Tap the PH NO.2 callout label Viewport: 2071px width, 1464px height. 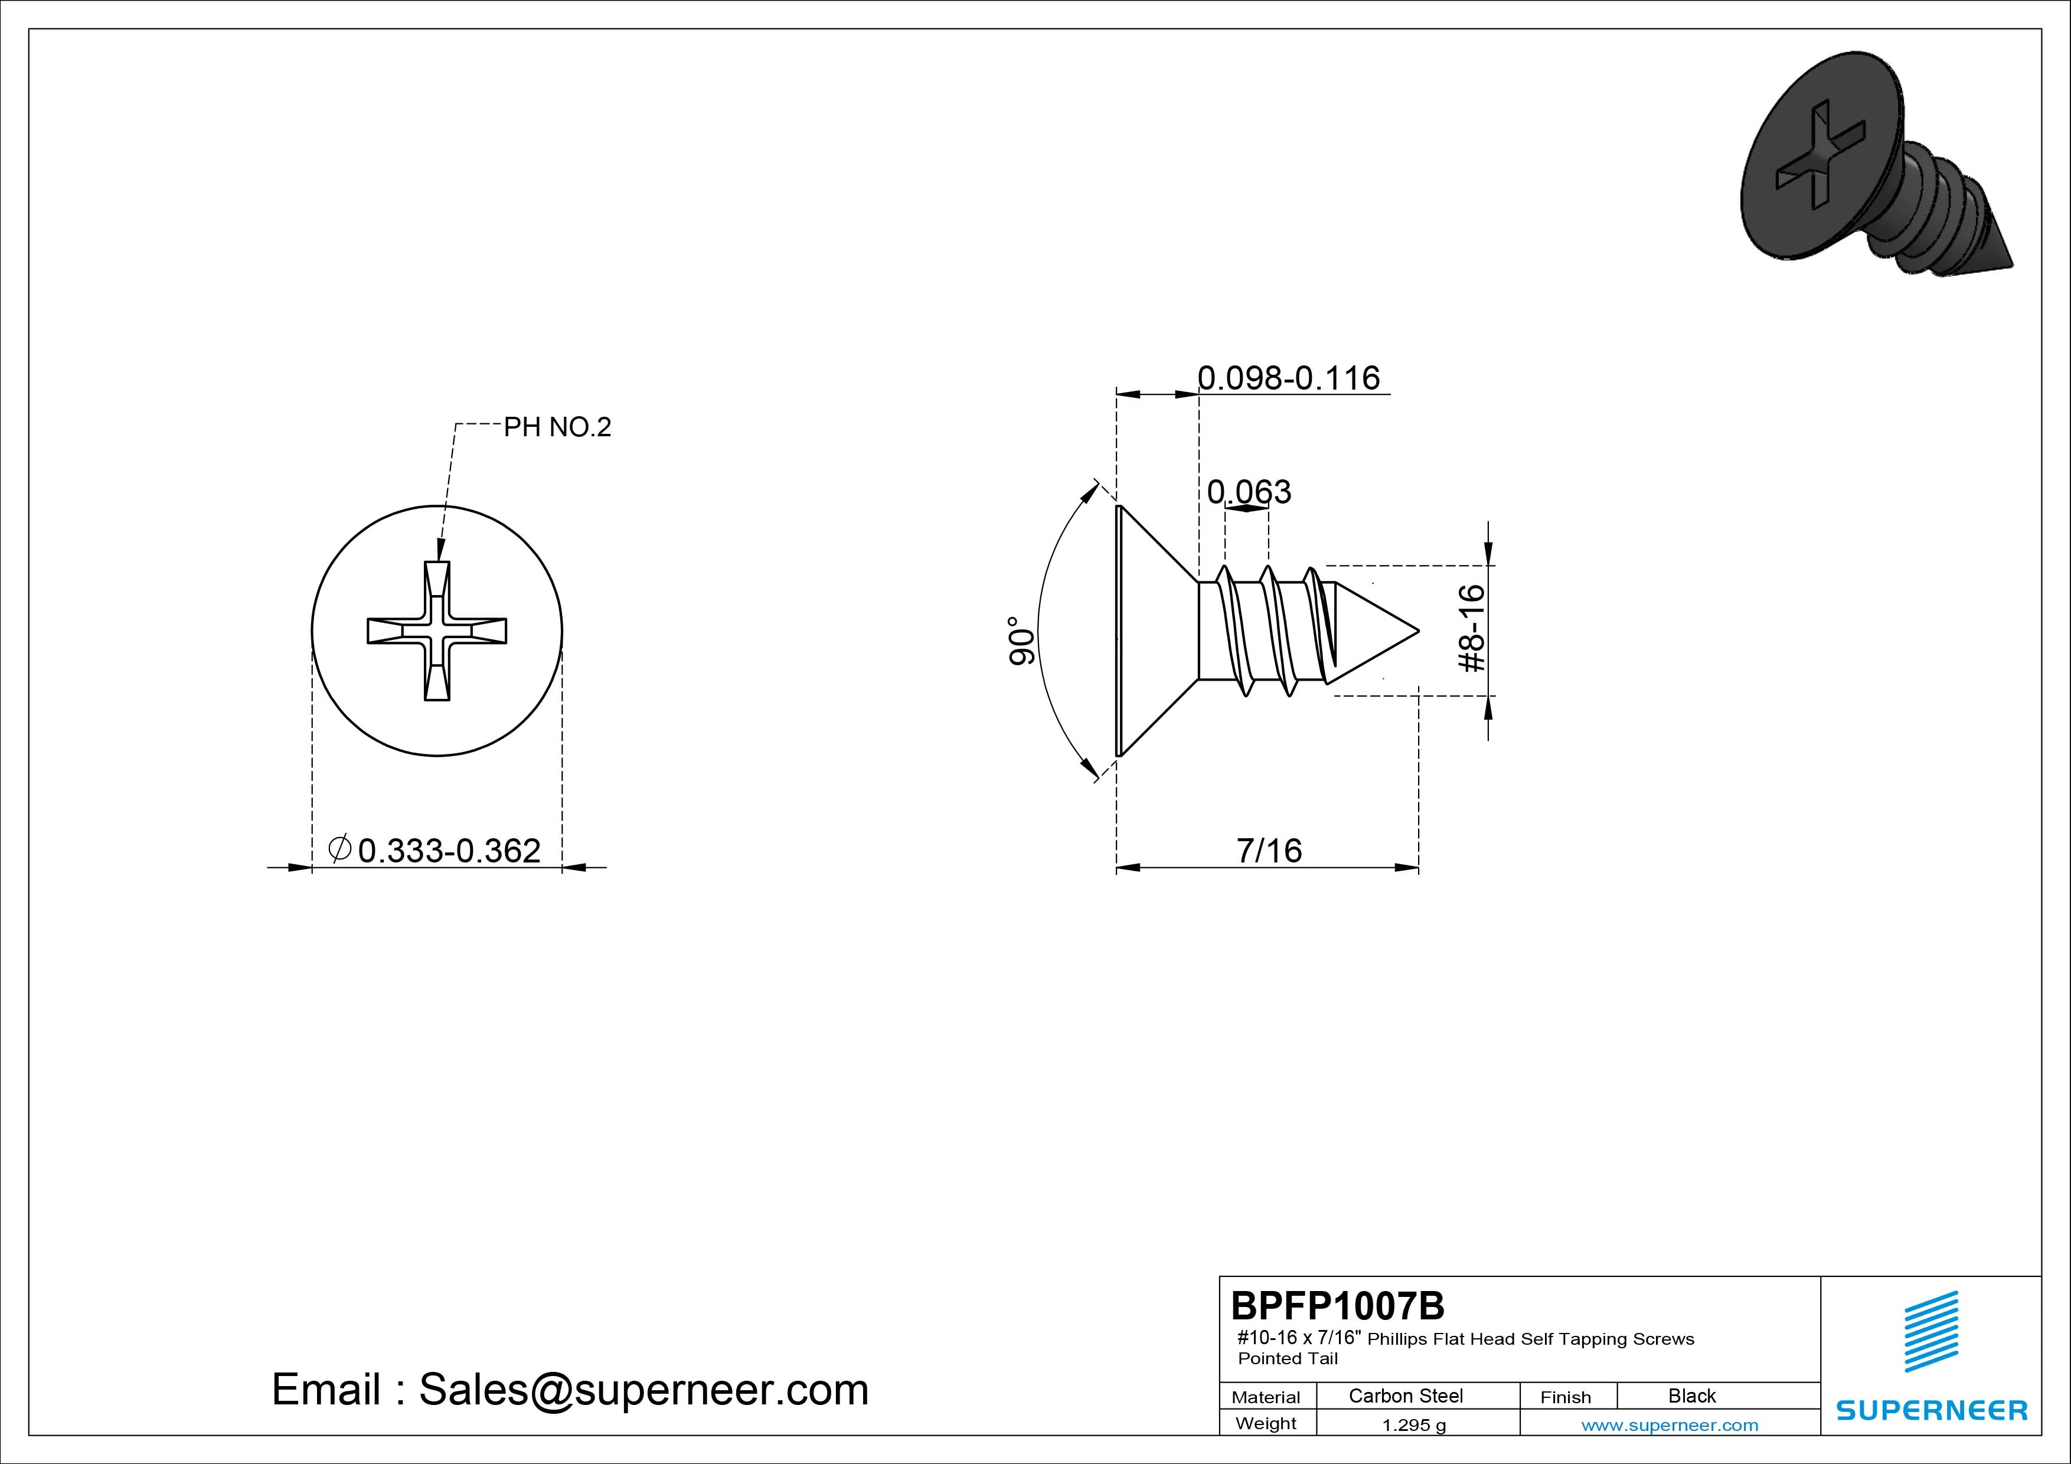click(x=557, y=427)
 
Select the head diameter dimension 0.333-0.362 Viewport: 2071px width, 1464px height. click(x=449, y=851)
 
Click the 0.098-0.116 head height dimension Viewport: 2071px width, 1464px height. click(x=1288, y=377)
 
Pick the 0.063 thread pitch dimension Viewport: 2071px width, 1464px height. click(x=1249, y=492)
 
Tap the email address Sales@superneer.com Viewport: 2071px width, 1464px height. click(x=643, y=1390)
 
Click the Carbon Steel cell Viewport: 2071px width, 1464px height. click(x=1405, y=1396)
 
